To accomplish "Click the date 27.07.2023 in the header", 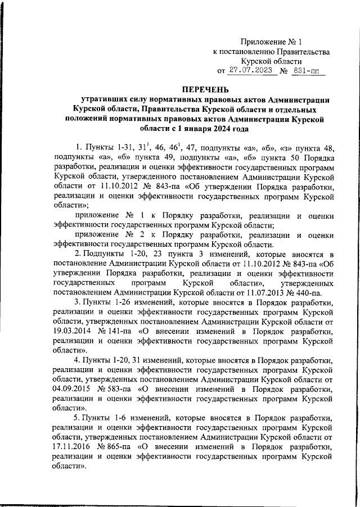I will pyautogui.click(x=250, y=71).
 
